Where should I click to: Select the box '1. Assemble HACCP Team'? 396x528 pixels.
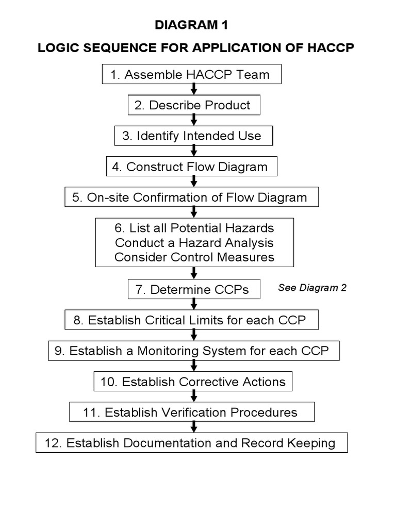click(x=192, y=75)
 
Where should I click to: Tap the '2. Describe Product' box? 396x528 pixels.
click(x=194, y=106)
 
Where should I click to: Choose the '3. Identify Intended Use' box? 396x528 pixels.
click(x=193, y=136)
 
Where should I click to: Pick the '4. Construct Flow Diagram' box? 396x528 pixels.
click(x=192, y=167)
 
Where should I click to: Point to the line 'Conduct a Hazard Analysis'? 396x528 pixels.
click(x=194, y=242)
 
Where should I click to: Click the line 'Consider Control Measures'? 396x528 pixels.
click(x=194, y=257)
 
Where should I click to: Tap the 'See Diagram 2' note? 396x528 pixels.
click(x=312, y=288)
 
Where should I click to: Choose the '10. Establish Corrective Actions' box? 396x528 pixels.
click(x=193, y=382)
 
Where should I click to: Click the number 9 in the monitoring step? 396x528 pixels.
click(x=58, y=351)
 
